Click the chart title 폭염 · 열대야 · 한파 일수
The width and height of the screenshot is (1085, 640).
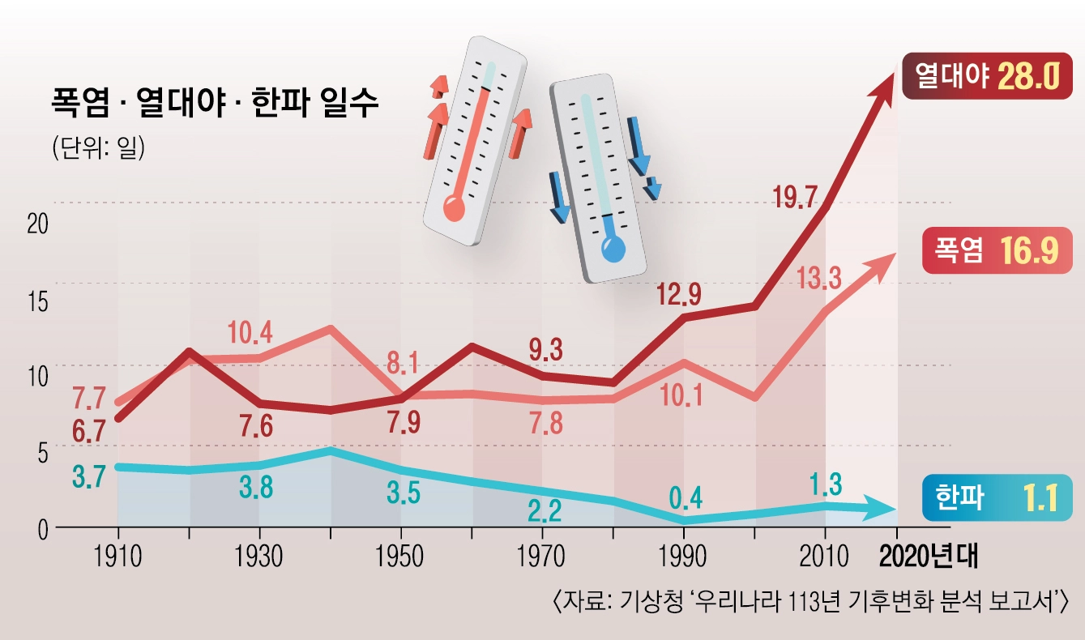[x=215, y=105]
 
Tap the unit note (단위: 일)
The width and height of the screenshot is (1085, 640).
[x=98, y=148]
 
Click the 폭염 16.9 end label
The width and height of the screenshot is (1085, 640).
[x=997, y=250]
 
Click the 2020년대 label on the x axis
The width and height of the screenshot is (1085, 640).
[x=929, y=557]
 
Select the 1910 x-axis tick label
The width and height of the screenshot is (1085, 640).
[x=118, y=557]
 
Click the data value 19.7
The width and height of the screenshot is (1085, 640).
[x=797, y=197]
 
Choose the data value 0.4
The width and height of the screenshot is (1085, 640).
[x=686, y=496]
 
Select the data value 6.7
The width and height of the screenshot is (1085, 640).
[x=88, y=431]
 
